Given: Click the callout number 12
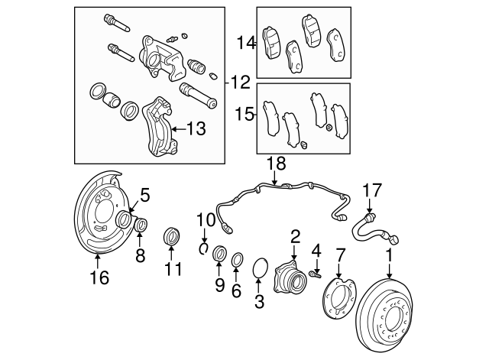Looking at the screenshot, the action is (241, 83).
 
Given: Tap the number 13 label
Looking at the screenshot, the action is (196, 128).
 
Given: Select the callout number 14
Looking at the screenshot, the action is (246, 43).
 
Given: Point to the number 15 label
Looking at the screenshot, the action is (244, 114).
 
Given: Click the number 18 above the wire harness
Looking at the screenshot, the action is (277, 163).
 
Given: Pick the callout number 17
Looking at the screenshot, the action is (372, 190).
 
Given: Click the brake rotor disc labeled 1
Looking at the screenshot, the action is (385, 315).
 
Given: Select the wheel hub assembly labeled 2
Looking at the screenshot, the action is (290, 277).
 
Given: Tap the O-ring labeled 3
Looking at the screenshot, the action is (260, 268).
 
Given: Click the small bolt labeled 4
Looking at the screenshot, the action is (316, 274).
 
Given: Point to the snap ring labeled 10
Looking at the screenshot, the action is (204, 248).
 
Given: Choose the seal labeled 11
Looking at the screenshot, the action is (172, 236).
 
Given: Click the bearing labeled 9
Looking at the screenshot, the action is (219, 253).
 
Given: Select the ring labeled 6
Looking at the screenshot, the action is (238, 260).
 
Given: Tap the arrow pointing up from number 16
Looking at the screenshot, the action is (98, 261).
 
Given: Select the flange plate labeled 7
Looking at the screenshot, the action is (338, 299).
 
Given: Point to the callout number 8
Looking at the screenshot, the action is (141, 256).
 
